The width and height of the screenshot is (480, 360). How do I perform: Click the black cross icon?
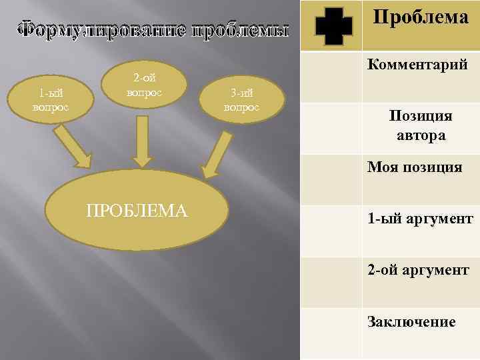333,26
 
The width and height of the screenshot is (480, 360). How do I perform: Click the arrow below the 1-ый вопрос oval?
72,147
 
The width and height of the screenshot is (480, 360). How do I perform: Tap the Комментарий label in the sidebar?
417,65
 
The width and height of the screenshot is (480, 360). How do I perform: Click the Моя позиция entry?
414,167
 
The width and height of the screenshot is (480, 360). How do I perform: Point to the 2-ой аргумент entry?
418,271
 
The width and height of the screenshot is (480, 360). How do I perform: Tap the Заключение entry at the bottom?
411,322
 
